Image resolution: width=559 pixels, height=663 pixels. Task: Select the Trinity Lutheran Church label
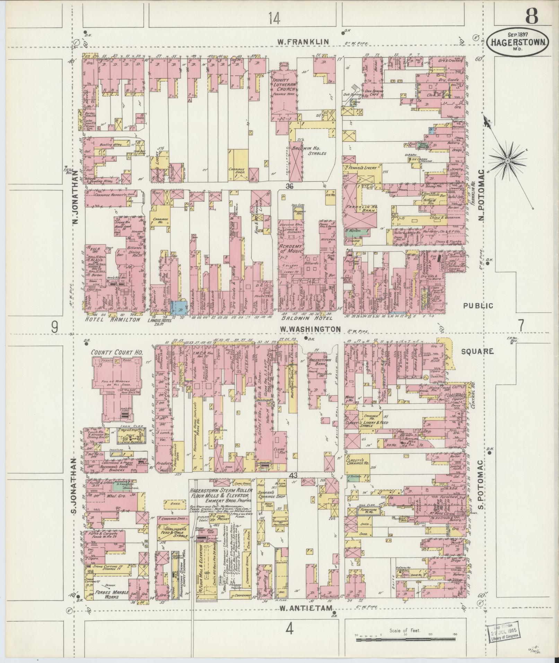283,85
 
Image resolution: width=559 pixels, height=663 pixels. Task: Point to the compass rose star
507,161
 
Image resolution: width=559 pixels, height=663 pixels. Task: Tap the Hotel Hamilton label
113,319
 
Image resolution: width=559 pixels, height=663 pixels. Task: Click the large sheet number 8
531,16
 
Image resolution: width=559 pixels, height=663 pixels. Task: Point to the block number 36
290,186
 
